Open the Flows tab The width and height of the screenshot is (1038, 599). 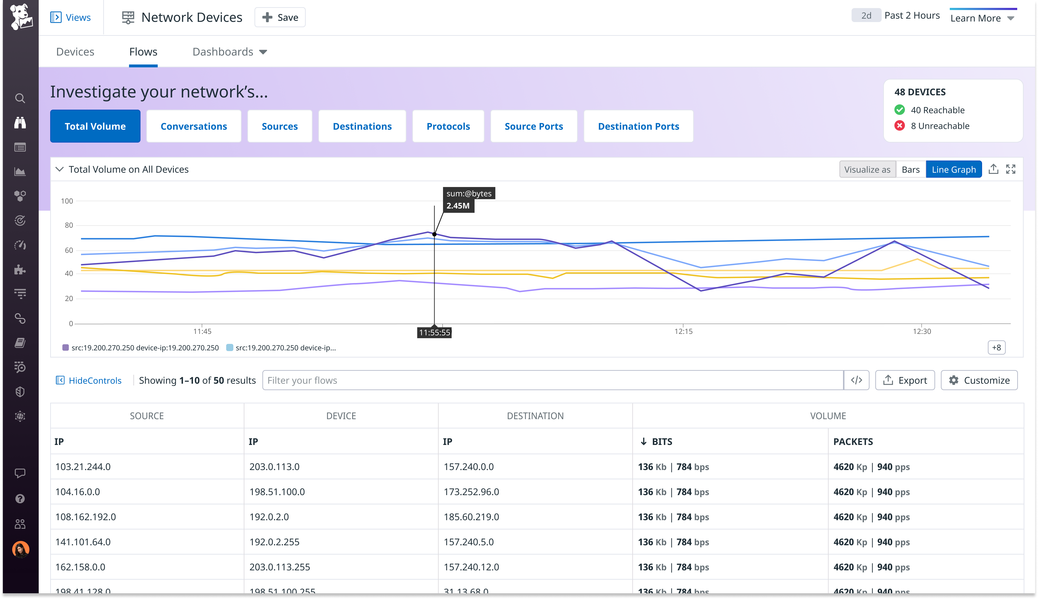143,52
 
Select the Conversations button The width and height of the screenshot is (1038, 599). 194,126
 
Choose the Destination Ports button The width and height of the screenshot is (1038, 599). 638,126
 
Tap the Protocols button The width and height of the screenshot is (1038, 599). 448,126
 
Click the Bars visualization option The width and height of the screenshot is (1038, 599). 910,170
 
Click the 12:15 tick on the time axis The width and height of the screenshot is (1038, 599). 683,331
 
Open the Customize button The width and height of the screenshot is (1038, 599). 979,380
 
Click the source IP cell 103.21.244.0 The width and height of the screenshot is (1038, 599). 83,466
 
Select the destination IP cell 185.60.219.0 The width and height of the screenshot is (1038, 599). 471,517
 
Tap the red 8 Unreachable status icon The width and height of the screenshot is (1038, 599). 900,126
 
